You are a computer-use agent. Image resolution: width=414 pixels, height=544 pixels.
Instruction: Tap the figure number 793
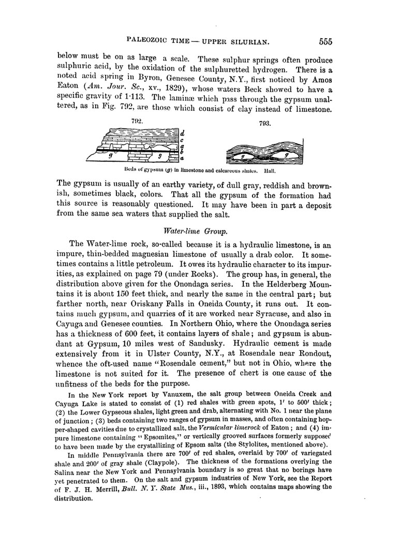point(264,125)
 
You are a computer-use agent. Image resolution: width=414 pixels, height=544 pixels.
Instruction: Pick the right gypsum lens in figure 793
point(285,154)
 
